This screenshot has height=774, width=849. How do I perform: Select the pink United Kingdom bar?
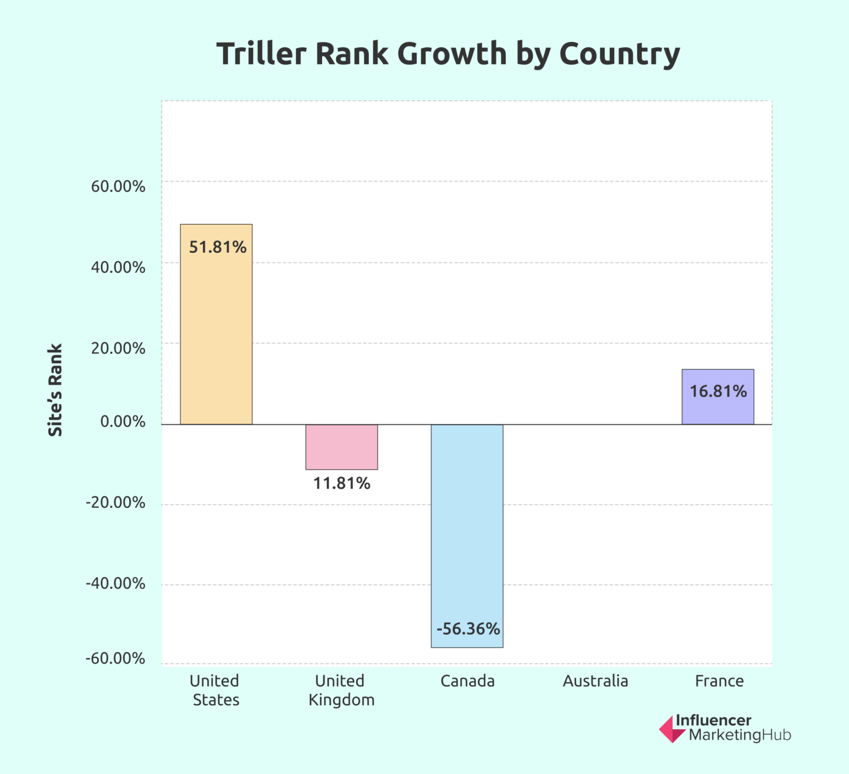[342, 447]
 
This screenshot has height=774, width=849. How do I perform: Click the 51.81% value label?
[217, 247]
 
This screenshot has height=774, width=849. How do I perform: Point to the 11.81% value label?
[342, 484]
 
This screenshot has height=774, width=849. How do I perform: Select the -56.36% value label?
[468, 629]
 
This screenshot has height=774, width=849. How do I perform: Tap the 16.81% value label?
[718, 392]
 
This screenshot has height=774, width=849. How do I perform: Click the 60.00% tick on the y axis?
[118, 186]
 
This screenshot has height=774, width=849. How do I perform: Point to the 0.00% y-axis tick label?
[123, 422]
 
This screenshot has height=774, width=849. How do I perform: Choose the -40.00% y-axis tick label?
[115, 584]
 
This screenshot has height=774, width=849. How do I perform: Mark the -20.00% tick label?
[115, 503]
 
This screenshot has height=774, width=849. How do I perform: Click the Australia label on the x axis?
[595, 681]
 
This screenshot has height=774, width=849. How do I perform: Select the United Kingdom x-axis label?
[341, 690]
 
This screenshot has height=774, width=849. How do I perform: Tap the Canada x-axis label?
[467, 681]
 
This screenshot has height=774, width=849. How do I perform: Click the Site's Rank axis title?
[55, 390]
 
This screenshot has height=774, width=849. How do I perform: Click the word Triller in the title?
[261, 54]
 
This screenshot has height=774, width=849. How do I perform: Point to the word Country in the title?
[619, 54]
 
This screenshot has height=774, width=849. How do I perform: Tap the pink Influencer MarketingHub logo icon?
[671, 729]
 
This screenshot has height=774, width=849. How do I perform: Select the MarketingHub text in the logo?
[740, 735]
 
